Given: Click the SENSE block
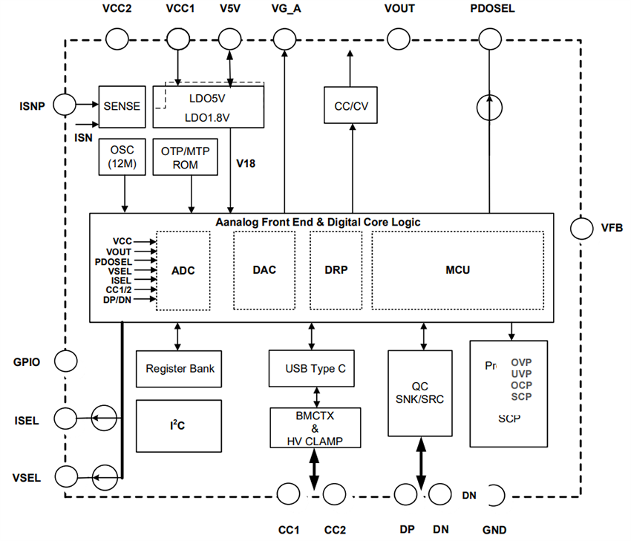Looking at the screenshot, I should click(121, 106).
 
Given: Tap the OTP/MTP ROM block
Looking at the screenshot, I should click(185, 157).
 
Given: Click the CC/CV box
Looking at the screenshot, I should click(351, 105).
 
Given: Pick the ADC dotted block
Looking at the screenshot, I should click(183, 270).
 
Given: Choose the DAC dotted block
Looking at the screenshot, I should click(264, 270).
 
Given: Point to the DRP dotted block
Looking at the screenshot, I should click(336, 270).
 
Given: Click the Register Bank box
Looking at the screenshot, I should click(180, 369).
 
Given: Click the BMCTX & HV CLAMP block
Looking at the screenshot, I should click(315, 427).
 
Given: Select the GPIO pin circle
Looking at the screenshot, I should click(65, 361).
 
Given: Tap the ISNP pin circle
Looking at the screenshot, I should click(64, 105).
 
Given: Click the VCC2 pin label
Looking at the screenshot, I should click(117, 9).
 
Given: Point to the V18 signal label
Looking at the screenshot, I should click(246, 163).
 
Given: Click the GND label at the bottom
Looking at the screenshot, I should click(494, 530).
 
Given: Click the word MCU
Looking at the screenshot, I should click(458, 270).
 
